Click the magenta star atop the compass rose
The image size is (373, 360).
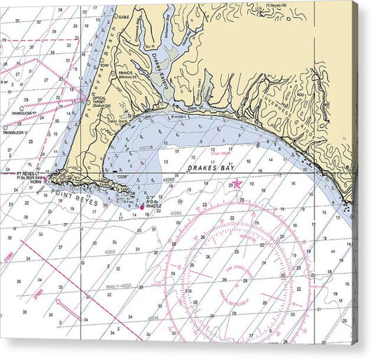237,184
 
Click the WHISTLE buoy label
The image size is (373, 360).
155,207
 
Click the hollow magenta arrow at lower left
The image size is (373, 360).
65,308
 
